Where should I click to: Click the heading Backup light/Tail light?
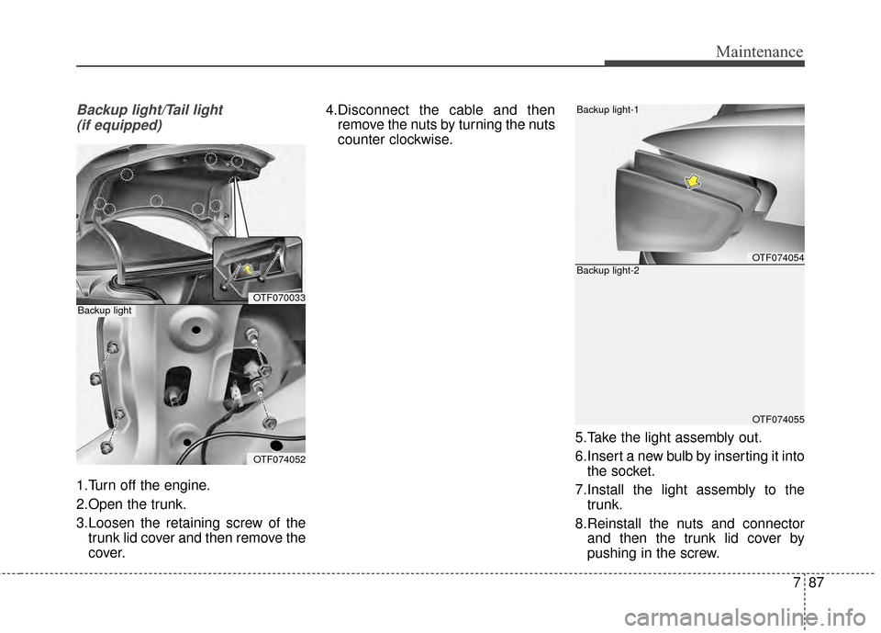(149, 109)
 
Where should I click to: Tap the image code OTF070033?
(279, 298)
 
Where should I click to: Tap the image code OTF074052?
(279, 458)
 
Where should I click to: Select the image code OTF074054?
(777, 258)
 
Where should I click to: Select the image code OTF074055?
(777, 419)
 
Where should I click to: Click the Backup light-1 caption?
(608, 109)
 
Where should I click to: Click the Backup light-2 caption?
(608, 271)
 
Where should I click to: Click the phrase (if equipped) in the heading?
(119, 125)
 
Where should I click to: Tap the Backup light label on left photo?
(105, 311)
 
